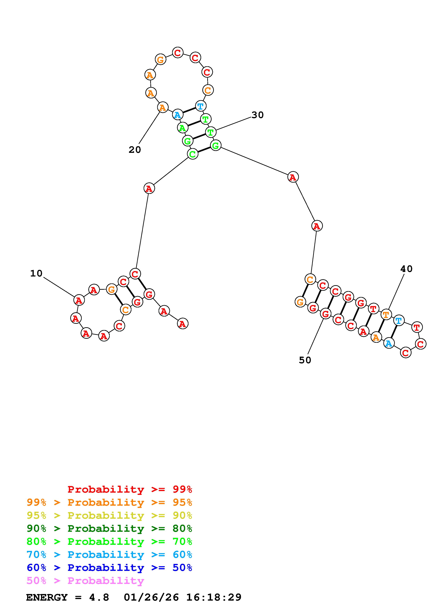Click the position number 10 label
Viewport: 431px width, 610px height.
(x=36, y=273)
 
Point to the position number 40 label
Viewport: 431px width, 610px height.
(x=406, y=269)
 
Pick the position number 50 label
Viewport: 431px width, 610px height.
(x=305, y=360)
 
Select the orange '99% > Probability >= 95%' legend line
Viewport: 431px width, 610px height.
(x=109, y=502)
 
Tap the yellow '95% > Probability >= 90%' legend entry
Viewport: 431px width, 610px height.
(x=109, y=515)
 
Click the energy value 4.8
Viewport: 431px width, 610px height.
(x=99, y=597)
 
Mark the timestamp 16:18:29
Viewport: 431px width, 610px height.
(x=214, y=597)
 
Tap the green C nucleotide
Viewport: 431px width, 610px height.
(x=192, y=154)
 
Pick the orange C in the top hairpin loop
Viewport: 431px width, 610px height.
(x=208, y=90)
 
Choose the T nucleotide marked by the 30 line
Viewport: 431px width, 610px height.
(x=211, y=132)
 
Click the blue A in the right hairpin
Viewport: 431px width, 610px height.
(x=389, y=344)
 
